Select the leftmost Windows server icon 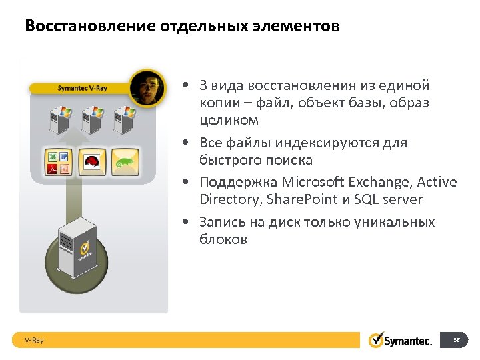tap(56, 120)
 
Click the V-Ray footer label tap(34, 340)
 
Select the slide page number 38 tap(457, 340)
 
